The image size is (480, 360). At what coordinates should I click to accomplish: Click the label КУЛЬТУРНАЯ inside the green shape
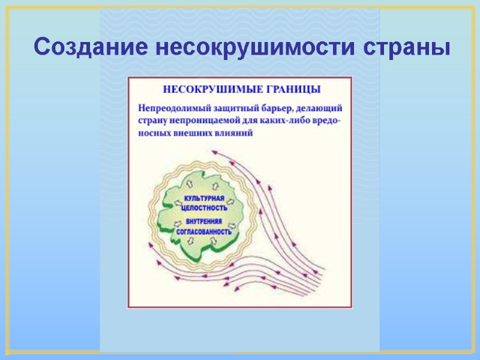pyautogui.click(x=204, y=199)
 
